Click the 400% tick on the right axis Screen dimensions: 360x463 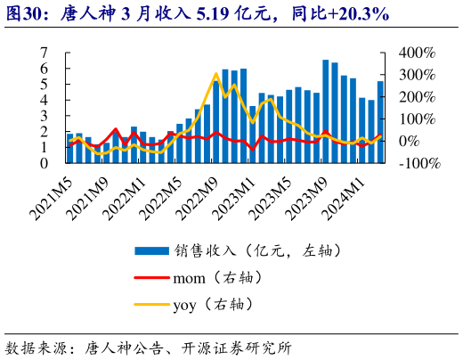click(x=407, y=53)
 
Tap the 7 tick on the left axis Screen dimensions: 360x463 click(x=44, y=53)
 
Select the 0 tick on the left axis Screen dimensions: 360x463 click(x=44, y=163)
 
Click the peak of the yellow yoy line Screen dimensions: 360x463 click(x=216, y=74)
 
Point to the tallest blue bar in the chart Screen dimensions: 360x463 click(x=325, y=111)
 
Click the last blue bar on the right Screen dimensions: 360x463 click(x=380, y=122)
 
